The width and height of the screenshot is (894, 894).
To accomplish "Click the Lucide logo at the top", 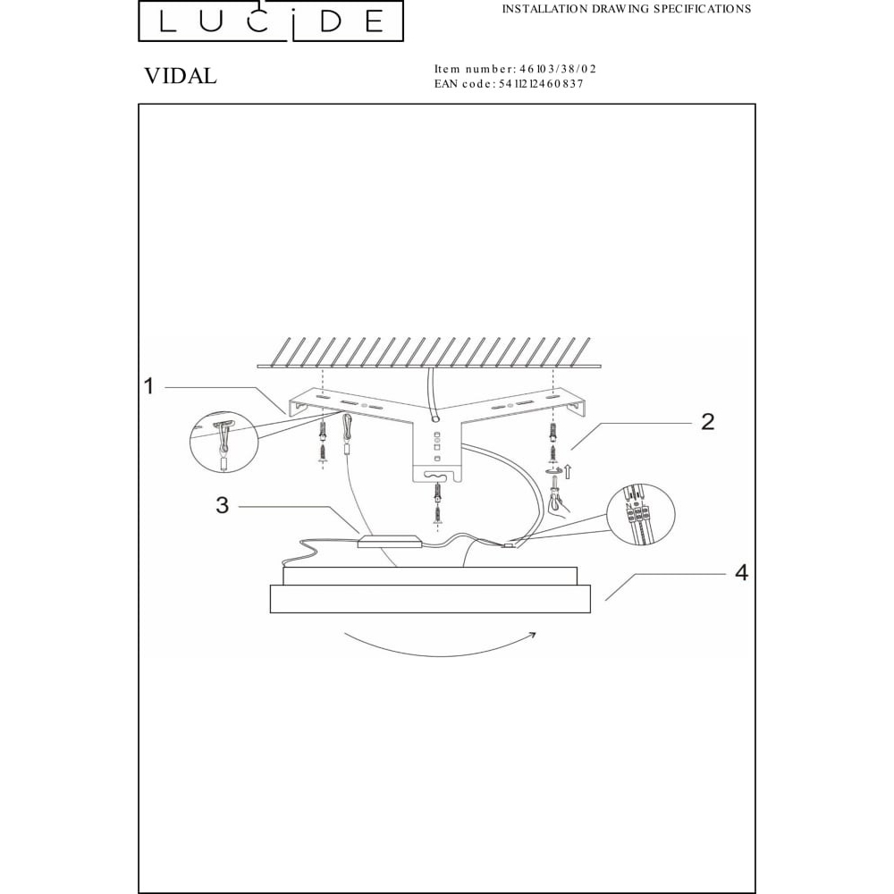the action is (x=271, y=21).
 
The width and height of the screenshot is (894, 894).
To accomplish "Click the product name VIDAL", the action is (x=181, y=76).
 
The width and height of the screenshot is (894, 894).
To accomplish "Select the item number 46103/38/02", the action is (x=558, y=69).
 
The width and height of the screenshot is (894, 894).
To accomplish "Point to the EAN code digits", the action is (x=541, y=84).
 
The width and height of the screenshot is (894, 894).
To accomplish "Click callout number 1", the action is (x=148, y=386).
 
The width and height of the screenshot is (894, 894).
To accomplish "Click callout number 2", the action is (x=707, y=421).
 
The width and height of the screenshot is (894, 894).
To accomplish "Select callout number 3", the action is (x=222, y=505).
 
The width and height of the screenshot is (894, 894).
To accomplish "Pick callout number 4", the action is (x=740, y=572).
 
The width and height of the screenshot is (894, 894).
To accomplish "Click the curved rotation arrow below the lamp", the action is (x=439, y=654).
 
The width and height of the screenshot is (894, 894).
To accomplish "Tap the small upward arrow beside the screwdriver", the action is (x=568, y=471).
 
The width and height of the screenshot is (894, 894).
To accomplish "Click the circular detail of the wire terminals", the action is (x=641, y=514).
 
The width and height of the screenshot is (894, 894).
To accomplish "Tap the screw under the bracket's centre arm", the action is (x=437, y=503).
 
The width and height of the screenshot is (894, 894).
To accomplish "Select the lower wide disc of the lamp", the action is (x=431, y=599).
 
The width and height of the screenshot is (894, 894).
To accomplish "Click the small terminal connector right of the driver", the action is (x=508, y=546).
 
